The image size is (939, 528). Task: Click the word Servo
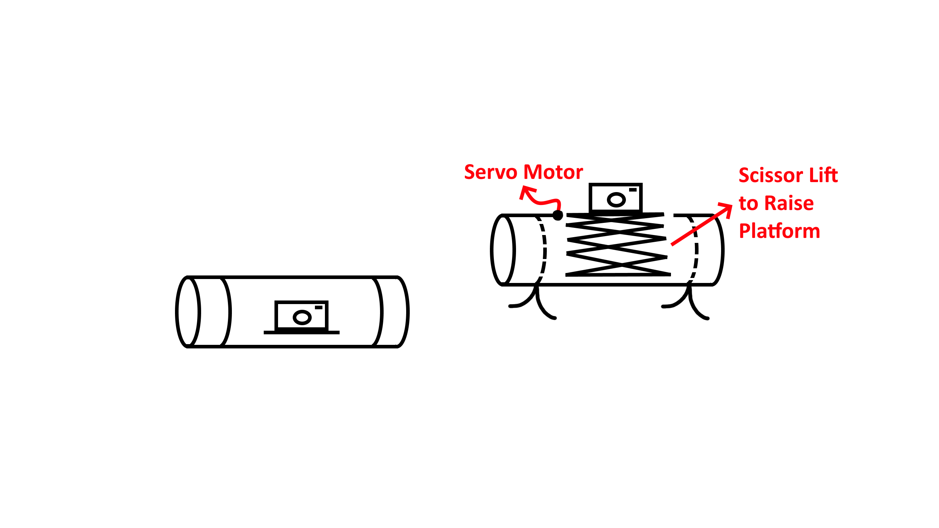[x=490, y=172]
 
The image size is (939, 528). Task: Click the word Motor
[x=553, y=172]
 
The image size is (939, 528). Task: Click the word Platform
[x=779, y=231]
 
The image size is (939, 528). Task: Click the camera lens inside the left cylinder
[x=302, y=317]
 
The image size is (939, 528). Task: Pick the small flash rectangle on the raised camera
[x=633, y=190]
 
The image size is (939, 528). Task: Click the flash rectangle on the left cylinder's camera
[x=318, y=308]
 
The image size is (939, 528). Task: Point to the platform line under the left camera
[x=301, y=333]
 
